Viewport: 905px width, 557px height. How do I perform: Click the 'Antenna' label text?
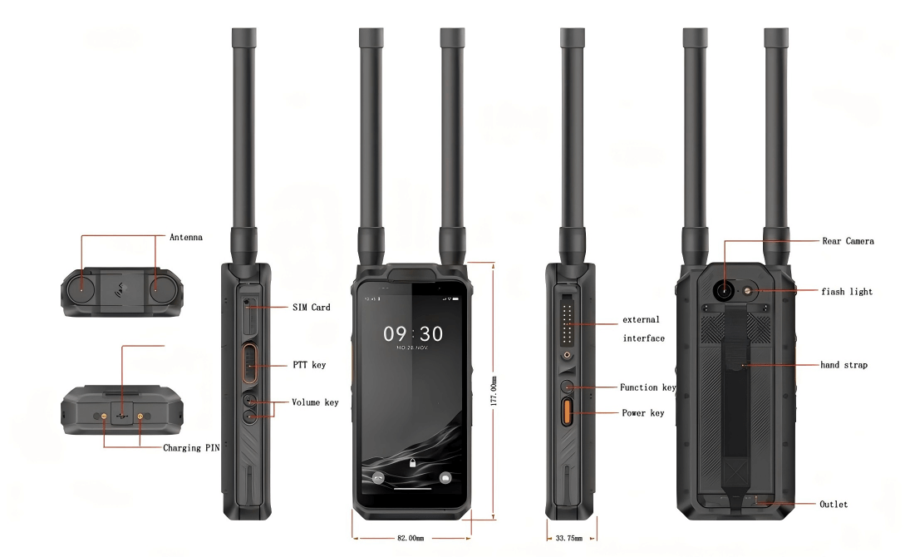(x=186, y=237)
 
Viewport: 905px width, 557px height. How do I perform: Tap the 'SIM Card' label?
(x=311, y=308)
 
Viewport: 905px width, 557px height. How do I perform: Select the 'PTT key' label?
(x=309, y=365)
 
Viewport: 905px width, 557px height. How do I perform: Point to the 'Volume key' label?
(x=315, y=402)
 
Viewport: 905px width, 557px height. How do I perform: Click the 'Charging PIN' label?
(x=193, y=448)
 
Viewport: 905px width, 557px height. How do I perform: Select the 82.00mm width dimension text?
(x=410, y=538)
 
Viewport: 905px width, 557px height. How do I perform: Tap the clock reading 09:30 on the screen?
(x=413, y=334)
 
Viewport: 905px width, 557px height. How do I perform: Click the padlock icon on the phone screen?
(x=413, y=463)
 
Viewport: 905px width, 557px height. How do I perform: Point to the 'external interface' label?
(x=643, y=329)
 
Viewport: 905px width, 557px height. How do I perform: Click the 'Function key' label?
(x=648, y=387)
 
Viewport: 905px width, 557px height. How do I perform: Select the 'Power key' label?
(x=643, y=413)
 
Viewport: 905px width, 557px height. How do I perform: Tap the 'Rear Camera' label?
(x=848, y=241)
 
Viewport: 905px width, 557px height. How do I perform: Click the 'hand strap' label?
(x=844, y=365)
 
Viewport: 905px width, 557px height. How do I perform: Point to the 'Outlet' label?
(x=834, y=505)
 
